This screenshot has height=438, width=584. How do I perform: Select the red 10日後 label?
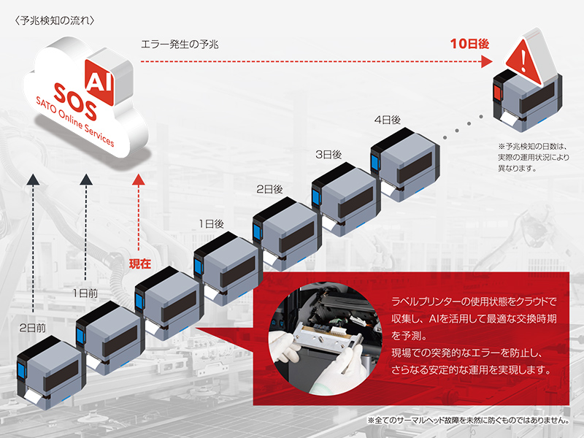click(469, 44)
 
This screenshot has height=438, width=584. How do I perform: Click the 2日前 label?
click(32, 328)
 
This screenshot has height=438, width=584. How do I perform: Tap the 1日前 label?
click(85, 292)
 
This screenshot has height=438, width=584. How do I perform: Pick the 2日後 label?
click(269, 188)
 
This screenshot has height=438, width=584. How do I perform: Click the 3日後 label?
click(328, 154)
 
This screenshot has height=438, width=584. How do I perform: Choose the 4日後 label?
click(387, 119)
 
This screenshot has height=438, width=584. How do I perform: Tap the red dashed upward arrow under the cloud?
click(139, 212)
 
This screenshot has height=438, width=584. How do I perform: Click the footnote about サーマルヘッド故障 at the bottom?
click(468, 421)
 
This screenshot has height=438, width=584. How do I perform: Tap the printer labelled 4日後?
click(404, 164)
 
